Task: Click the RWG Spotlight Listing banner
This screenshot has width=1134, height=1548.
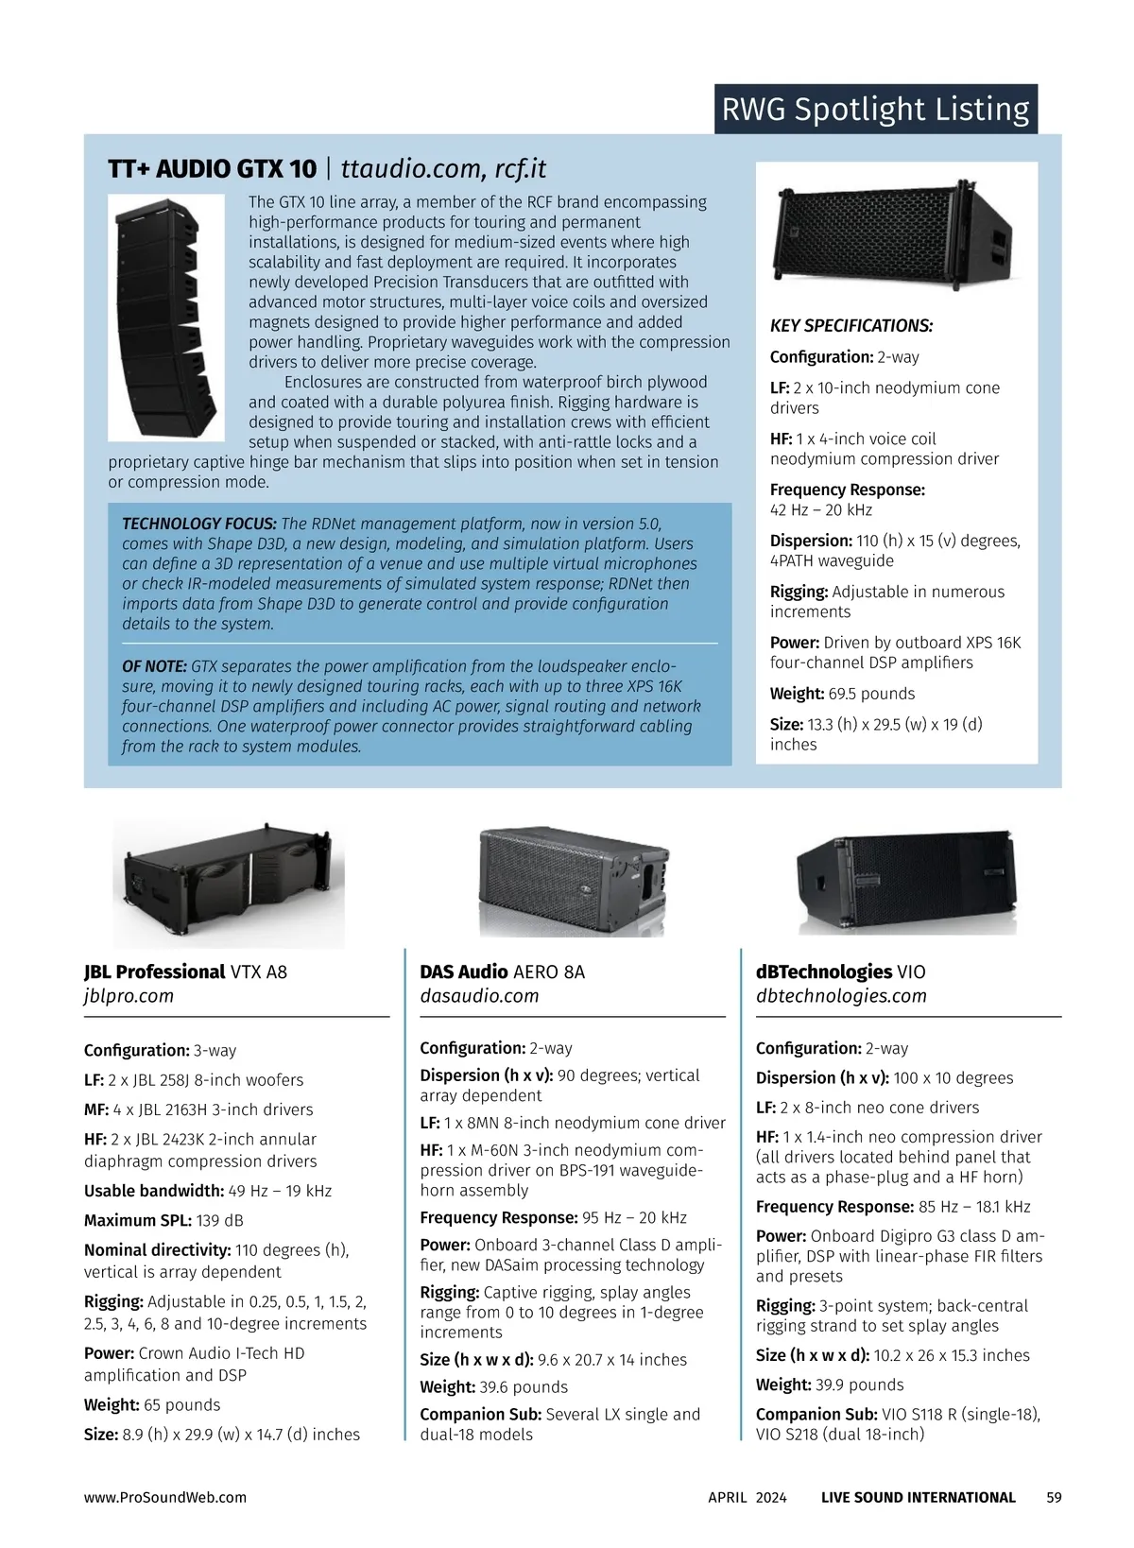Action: (x=875, y=110)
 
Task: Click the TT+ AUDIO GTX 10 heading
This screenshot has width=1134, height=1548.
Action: (x=212, y=169)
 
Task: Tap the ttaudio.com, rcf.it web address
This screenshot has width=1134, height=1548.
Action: (x=443, y=169)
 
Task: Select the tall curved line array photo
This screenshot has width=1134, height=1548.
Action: (x=165, y=317)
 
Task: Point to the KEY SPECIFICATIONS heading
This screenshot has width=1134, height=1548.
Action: (x=850, y=326)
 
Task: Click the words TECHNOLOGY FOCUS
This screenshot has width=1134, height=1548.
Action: (x=198, y=524)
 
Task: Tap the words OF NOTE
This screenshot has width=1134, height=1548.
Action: (x=154, y=666)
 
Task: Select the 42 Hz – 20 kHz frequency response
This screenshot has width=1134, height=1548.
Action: (x=820, y=510)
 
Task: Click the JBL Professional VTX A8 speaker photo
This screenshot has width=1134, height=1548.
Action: (x=229, y=883)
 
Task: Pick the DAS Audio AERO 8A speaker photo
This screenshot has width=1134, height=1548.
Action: (x=575, y=879)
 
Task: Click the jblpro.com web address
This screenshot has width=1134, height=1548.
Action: (x=129, y=996)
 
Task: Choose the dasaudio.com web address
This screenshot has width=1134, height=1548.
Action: (x=479, y=996)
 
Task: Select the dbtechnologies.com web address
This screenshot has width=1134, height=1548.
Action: (x=841, y=996)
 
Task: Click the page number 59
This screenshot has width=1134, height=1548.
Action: (x=1054, y=1497)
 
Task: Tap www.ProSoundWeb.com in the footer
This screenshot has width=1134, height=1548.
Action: (x=164, y=1497)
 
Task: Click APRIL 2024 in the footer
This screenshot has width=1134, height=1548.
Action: (x=747, y=1497)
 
